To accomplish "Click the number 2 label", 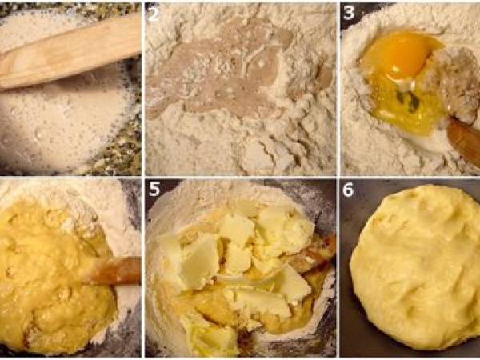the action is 154,14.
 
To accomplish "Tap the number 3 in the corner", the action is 349,13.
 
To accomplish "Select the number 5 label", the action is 154,189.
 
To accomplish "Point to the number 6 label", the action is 348,190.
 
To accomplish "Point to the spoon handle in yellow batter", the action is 114,270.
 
